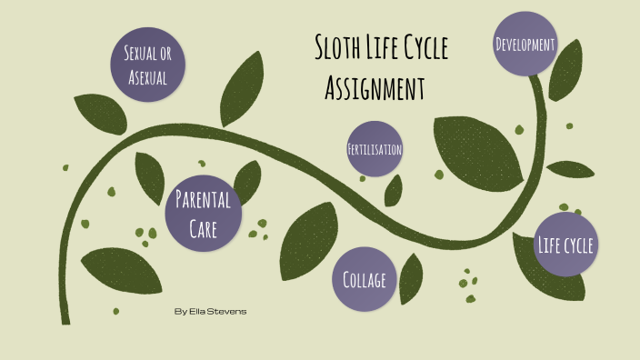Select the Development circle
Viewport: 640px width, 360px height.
pos(525,43)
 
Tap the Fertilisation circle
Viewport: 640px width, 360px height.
pos(375,148)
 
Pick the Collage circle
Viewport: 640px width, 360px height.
pos(365,280)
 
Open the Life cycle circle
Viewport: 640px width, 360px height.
pos(565,245)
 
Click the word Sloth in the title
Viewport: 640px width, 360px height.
pos(340,48)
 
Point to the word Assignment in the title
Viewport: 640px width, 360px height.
pos(375,88)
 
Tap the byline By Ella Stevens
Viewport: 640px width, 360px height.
pos(209,312)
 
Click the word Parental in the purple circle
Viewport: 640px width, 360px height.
pos(203,198)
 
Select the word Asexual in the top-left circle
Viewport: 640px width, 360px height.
pos(146,78)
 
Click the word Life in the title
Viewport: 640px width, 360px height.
pos(386,48)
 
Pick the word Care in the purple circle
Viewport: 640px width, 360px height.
pos(203,229)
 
